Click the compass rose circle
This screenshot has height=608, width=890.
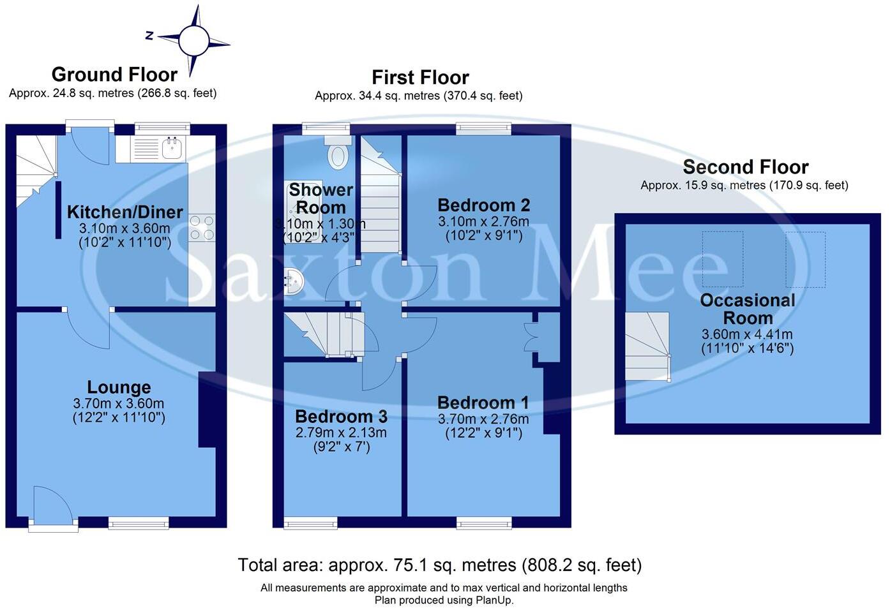pyautogui.click(x=194, y=40)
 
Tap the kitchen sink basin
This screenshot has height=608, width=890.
pyautogui.click(x=172, y=149)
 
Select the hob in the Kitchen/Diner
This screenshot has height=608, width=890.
pyautogui.click(x=202, y=228)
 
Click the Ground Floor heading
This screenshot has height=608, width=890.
pyautogui.click(x=114, y=75)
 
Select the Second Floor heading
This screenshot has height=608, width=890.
pyautogui.click(x=746, y=167)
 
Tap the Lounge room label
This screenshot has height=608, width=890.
pyautogui.click(x=119, y=387)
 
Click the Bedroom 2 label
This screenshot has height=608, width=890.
pyautogui.click(x=483, y=205)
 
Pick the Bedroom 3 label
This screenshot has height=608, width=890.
pyautogui.click(x=341, y=417)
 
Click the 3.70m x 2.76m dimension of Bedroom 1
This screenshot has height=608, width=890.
pyautogui.click(x=483, y=419)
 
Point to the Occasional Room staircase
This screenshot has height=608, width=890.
pyautogui.click(x=647, y=346)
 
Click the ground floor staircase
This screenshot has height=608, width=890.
pyautogui.click(x=36, y=171)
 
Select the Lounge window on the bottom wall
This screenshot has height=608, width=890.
pyautogui.click(x=139, y=523)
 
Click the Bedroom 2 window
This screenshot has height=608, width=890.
pyautogui.click(x=483, y=129)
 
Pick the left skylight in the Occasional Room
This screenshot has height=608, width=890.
pyautogui.click(x=723, y=259)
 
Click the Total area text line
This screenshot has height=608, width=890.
pyautogui.click(x=439, y=565)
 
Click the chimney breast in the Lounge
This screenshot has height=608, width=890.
pyautogui.click(x=207, y=410)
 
